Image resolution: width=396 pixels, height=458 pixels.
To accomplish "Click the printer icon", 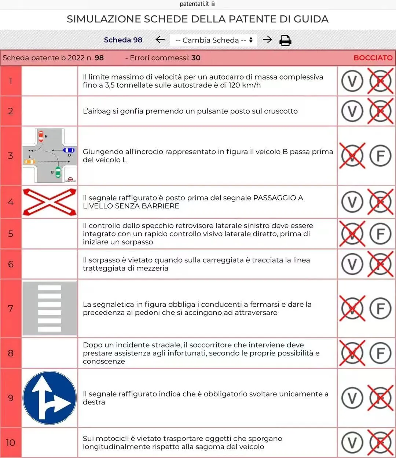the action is [285, 40].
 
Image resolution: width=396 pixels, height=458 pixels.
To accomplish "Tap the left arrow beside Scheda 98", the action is [160, 40].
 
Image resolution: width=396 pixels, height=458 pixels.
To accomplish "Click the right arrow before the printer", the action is [267, 40].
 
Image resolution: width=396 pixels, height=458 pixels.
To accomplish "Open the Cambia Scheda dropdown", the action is [213, 40].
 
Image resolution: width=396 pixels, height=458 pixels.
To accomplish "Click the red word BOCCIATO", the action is [373, 58].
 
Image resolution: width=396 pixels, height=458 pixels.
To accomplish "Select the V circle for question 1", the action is [352, 81].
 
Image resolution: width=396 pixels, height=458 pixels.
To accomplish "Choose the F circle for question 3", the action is [380, 156].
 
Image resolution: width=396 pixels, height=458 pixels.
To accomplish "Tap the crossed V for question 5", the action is [352, 233].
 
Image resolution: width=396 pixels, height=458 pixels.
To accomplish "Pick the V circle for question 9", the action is [352, 398].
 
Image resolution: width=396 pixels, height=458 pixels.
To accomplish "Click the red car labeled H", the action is [41, 136].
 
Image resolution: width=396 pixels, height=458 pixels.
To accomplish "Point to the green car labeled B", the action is [58, 172].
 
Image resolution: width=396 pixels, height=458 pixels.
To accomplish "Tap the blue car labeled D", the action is [69, 150].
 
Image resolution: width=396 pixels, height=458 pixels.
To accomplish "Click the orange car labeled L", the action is [30, 162].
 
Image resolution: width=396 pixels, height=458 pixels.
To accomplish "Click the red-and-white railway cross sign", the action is [49, 202].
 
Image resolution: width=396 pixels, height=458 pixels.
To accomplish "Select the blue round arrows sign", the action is [49, 398].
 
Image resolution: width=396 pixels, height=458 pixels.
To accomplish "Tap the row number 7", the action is [10, 309].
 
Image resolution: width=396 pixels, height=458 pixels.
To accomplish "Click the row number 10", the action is [10, 443].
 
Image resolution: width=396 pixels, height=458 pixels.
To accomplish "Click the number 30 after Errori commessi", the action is [196, 58].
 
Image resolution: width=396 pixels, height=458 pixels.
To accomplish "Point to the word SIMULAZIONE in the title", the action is [104, 19].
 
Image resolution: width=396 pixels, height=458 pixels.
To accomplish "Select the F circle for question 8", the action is [380, 353].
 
